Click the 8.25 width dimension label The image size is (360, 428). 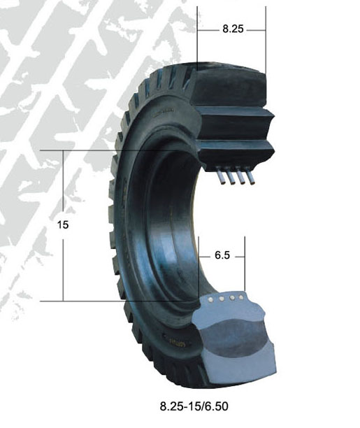tap(233, 29)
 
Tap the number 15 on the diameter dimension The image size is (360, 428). tap(63, 225)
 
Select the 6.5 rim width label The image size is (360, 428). tap(222, 255)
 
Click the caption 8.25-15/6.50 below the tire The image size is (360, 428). tap(194, 406)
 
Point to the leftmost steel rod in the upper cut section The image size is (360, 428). tap(220, 175)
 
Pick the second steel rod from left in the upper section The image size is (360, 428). tap(230, 176)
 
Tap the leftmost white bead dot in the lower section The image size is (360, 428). tap(210, 300)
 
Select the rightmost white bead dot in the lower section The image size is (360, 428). tap(241, 297)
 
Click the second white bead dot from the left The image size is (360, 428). tap(222, 299)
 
